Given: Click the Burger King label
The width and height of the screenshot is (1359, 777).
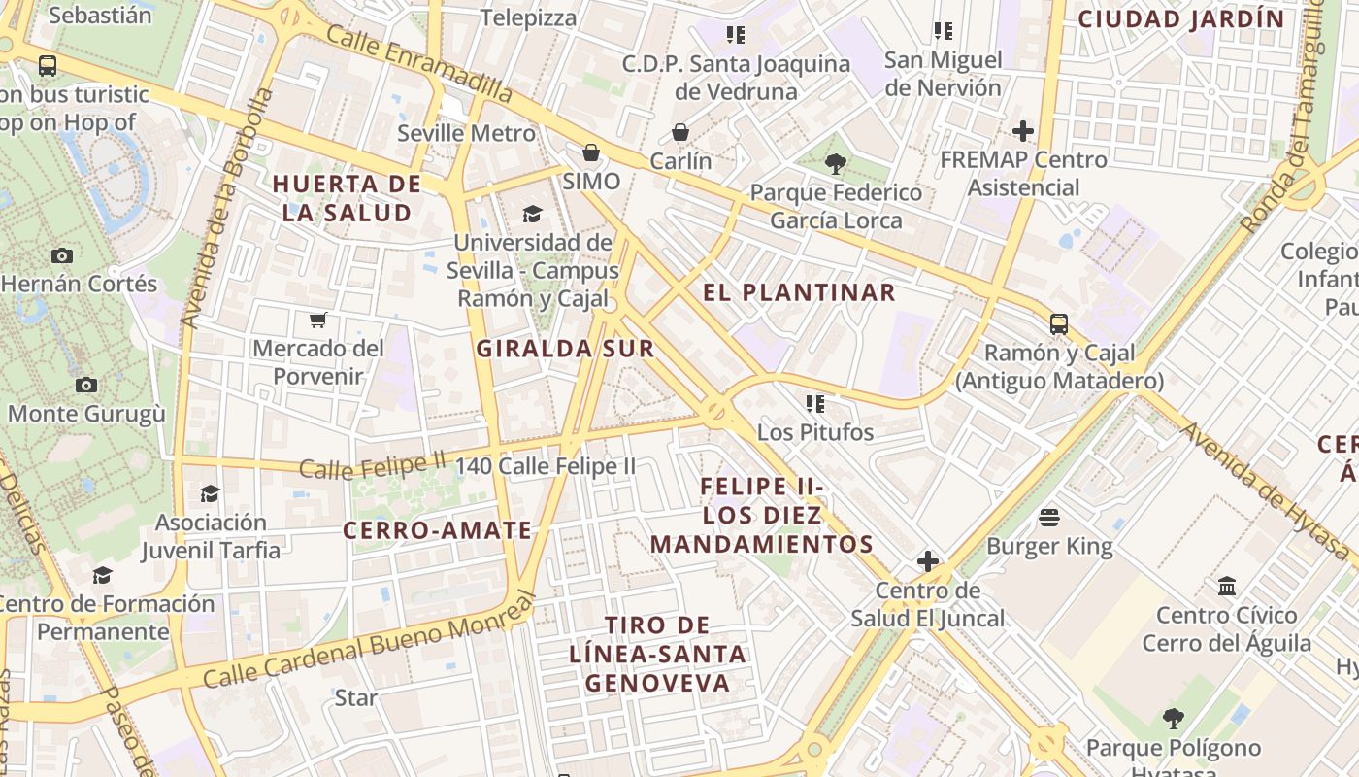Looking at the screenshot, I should [x=1049, y=546].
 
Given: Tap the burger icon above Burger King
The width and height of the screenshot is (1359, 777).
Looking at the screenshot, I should [x=1049, y=517].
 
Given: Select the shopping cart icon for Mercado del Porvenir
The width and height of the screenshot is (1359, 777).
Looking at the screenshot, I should [x=317, y=319].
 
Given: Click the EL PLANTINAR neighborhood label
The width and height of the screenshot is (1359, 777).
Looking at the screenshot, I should [x=798, y=292].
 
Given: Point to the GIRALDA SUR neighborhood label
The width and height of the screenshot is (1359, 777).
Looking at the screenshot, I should [x=565, y=349].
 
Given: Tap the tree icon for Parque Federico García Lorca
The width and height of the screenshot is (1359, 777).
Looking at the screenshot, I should [x=835, y=163].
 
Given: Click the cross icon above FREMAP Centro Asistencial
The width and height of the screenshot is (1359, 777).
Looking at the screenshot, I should [x=1022, y=130].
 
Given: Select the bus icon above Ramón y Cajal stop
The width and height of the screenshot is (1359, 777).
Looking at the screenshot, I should [x=1058, y=323].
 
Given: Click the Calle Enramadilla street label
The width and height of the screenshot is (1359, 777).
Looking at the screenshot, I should [x=418, y=63].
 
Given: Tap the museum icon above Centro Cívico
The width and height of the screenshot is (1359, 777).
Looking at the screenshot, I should [x=1227, y=586].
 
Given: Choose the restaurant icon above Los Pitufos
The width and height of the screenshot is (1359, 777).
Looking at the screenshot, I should [x=815, y=402].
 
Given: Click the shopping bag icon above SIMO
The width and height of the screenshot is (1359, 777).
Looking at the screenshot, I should [x=590, y=152].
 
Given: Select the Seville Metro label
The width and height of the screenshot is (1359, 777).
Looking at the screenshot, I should [x=466, y=133].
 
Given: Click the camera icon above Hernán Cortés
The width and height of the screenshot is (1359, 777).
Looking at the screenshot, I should [x=62, y=255].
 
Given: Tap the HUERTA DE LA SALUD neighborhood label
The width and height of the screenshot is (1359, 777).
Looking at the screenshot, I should [x=347, y=198].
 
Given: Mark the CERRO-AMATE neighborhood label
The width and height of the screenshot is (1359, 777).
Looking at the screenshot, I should [x=438, y=530].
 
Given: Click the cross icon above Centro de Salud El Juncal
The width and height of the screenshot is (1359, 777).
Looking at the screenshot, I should [x=928, y=560].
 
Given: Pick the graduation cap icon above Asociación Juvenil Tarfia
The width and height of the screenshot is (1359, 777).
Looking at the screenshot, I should [x=210, y=493].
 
